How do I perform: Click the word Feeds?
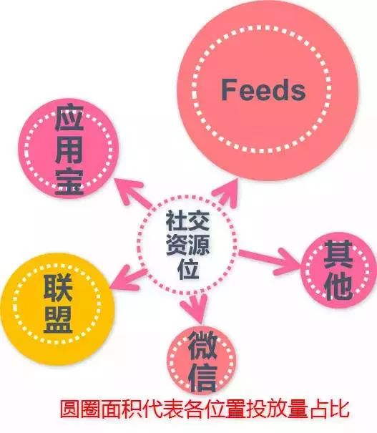(263, 89)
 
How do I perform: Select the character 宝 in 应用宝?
(69, 181)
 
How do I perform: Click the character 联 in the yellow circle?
(58, 288)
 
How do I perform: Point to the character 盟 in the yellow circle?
(58, 319)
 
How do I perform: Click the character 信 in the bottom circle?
(203, 378)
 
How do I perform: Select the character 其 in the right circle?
(338, 254)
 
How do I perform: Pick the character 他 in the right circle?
(338, 286)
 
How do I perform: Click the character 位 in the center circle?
(188, 268)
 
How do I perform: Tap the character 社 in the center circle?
(176, 220)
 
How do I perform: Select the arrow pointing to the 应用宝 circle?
(133, 193)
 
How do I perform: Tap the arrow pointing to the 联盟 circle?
(129, 278)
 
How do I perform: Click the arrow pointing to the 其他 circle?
(269, 260)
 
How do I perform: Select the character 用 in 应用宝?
(69, 150)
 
